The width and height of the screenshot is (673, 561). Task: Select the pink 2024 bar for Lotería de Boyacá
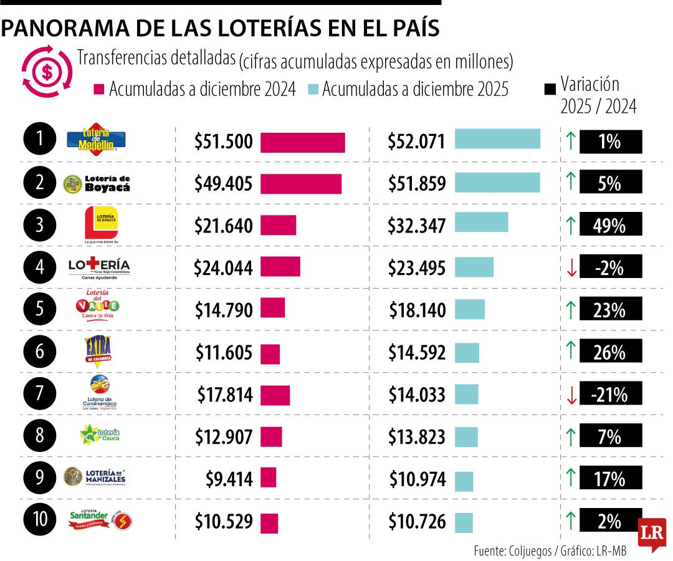point(300,184)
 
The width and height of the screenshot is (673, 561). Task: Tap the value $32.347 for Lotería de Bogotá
point(416,225)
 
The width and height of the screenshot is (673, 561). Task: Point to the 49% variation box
point(610,225)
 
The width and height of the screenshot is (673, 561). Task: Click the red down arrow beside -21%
point(570,395)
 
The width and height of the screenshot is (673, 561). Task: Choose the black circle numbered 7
point(40,394)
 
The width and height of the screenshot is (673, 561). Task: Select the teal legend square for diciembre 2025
point(313,89)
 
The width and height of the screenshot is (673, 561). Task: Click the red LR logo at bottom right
point(652,534)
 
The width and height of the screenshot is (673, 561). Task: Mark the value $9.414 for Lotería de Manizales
point(229,479)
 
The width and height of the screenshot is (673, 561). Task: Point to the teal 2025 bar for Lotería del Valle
point(469,310)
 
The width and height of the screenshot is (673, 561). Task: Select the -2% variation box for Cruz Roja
point(610,267)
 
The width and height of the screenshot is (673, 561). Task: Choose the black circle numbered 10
point(40,520)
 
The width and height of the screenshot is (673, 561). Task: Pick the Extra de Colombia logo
point(100,352)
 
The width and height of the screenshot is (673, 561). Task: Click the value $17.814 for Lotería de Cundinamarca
point(225,395)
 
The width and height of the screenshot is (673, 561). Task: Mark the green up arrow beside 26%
point(570,352)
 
